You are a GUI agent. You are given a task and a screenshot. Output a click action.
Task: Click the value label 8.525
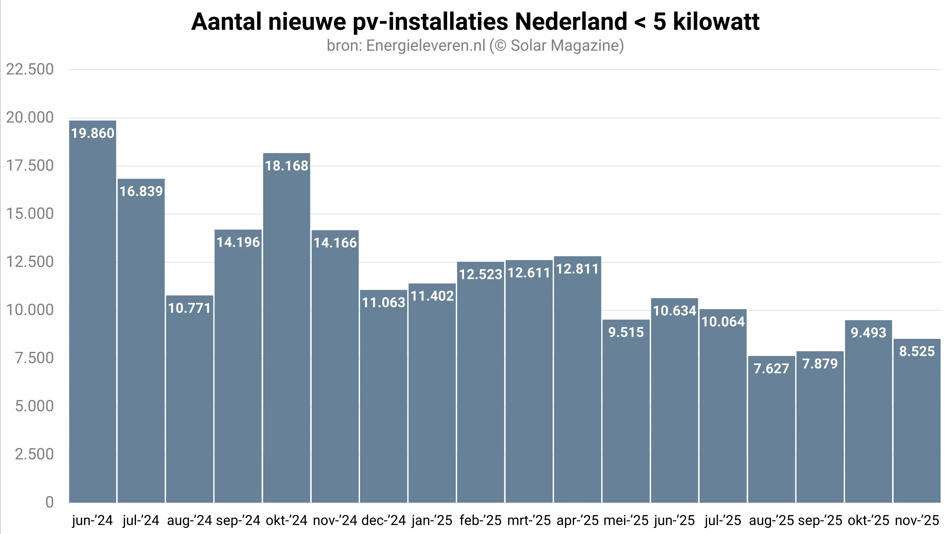point(917,351)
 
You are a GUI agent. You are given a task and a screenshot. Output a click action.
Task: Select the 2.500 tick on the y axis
point(34,454)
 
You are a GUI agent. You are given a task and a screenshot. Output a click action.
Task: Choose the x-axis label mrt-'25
point(529,520)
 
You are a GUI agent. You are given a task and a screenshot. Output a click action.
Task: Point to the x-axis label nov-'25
point(917,520)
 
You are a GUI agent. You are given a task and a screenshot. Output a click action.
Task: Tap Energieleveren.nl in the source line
point(426,46)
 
